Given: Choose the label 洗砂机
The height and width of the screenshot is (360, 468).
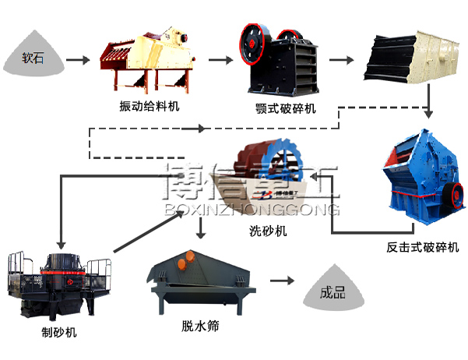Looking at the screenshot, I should (268, 231).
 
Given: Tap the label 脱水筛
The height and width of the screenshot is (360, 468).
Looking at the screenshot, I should (200, 326).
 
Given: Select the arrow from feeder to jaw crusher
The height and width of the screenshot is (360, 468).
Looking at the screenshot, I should (220, 58).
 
